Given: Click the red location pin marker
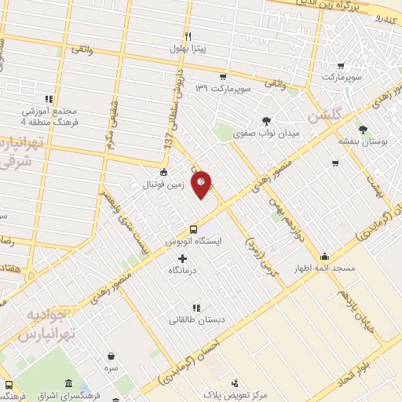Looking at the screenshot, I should click(x=202, y=185).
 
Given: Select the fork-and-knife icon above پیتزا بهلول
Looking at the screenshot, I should click(x=188, y=36).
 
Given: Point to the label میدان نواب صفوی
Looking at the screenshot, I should click(x=267, y=133).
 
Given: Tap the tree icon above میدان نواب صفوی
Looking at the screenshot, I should click(x=267, y=121).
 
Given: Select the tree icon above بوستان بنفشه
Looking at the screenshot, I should click(x=362, y=130).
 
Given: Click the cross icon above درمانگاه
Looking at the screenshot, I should click(x=183, y=258).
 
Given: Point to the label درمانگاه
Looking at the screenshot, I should click(x=183, y=270).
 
